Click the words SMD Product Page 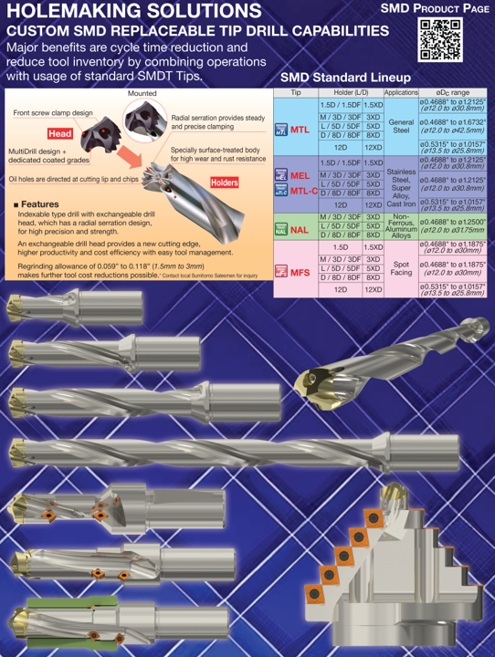(434, 8)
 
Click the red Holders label (225, 182)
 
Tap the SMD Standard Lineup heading (345, 78)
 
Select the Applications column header (400, 93)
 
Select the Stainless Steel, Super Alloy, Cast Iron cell (400, 183)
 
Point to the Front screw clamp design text (53, 112)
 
